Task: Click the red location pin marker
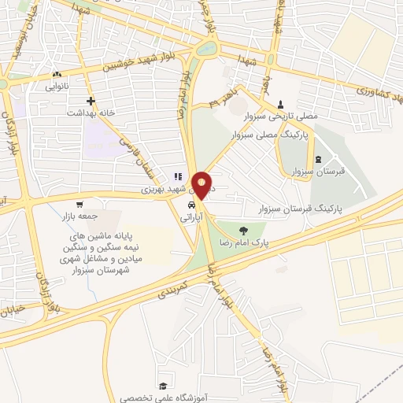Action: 202,184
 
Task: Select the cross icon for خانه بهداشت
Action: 91,101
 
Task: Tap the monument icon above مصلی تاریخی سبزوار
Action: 281,104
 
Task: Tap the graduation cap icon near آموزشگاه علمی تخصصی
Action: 162,386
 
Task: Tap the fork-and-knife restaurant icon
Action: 178,178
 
